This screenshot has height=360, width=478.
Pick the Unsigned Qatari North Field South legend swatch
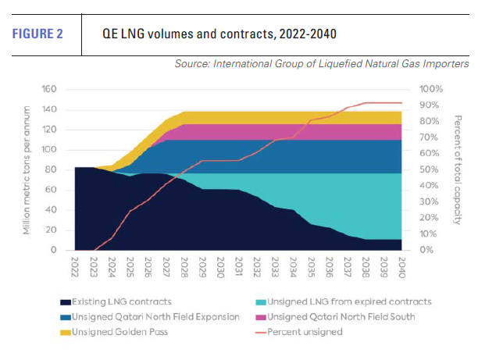coord(260,316)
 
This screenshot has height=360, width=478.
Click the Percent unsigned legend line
coord(260,332)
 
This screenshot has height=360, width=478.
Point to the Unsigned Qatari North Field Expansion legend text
coord(144,316)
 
